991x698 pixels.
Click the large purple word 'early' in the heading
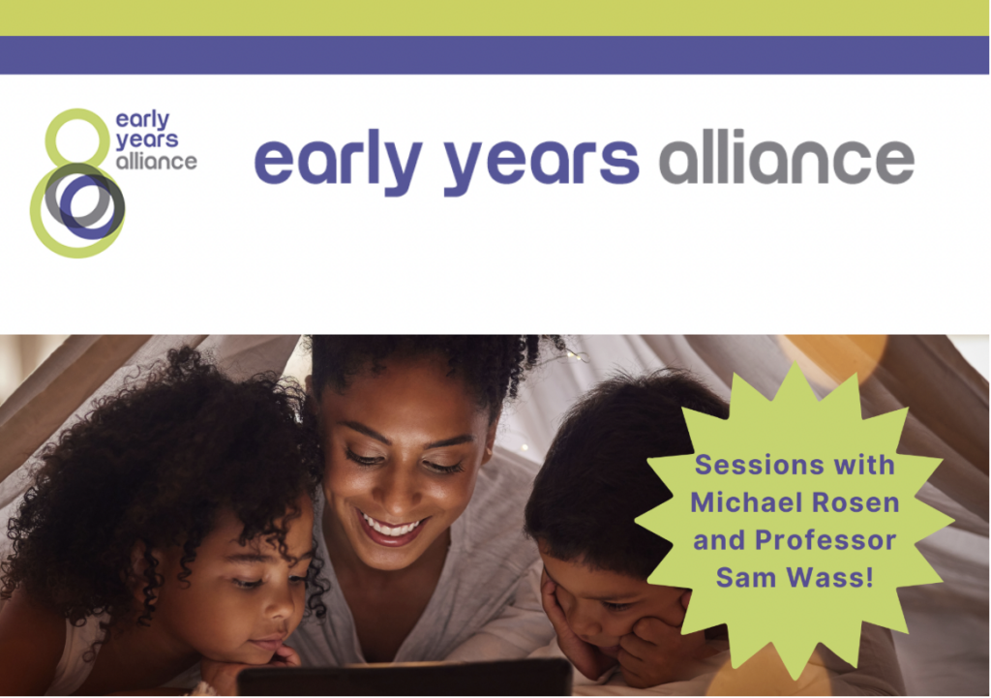pos(338,162)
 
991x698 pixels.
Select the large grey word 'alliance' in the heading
pos(787,156)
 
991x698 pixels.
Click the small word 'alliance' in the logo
pos(156,162)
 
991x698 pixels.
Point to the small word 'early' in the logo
pos(143,120)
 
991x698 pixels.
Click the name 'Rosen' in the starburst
pos(856,502)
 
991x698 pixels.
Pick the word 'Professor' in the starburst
pos(826,540)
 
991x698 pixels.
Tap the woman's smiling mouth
pos(390,528)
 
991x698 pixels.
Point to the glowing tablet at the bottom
pos(405,677)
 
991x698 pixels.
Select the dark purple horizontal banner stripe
pos(495,55)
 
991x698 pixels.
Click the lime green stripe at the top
pos(495,17)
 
